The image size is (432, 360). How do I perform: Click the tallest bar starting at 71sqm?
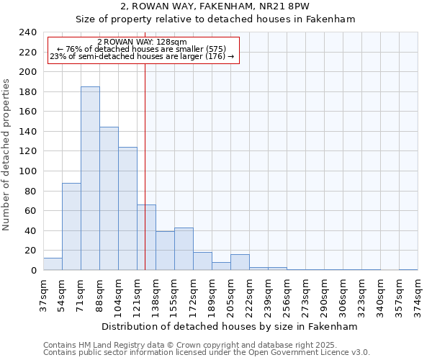coord(90,179)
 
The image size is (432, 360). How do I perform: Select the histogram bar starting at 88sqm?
coord(109,199)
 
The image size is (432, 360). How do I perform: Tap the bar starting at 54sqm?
coord(71,227)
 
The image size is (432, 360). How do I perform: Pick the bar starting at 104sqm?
coord(127,209)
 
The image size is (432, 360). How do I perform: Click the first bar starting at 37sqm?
coord(53,264)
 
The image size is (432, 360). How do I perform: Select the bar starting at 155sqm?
coord(184,249)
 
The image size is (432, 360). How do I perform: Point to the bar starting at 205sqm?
coord(240,263)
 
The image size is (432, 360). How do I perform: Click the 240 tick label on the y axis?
coord(27,32)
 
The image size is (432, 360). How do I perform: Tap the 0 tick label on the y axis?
coord(33,271)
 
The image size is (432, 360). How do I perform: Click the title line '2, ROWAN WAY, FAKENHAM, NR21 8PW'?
coord(215,6)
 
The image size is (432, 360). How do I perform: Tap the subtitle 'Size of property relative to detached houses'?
coord(215,19)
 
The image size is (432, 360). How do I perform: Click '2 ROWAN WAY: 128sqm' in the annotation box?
coord(142,42)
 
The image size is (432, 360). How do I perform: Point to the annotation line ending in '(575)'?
coord(142,49)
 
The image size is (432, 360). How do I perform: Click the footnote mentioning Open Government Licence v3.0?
coord(207,353)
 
